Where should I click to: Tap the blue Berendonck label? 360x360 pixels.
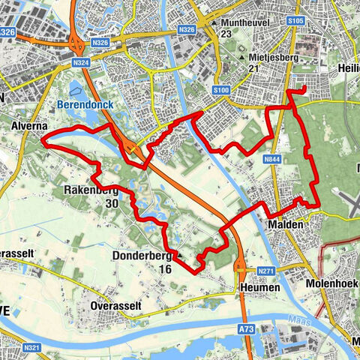pyautogui.click(x=85, y=105)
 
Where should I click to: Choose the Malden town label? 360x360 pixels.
pyautogui.click(x=284, y=224)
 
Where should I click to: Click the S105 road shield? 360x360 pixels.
pyautogui.click(x=295, y=21)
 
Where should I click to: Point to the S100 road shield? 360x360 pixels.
pyautogui.click(x=220, y=91)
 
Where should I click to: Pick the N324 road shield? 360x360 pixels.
pyautogui.click(x=82, y=63)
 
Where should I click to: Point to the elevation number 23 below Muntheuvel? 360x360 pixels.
pyautogui.click(x=226, y=34)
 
